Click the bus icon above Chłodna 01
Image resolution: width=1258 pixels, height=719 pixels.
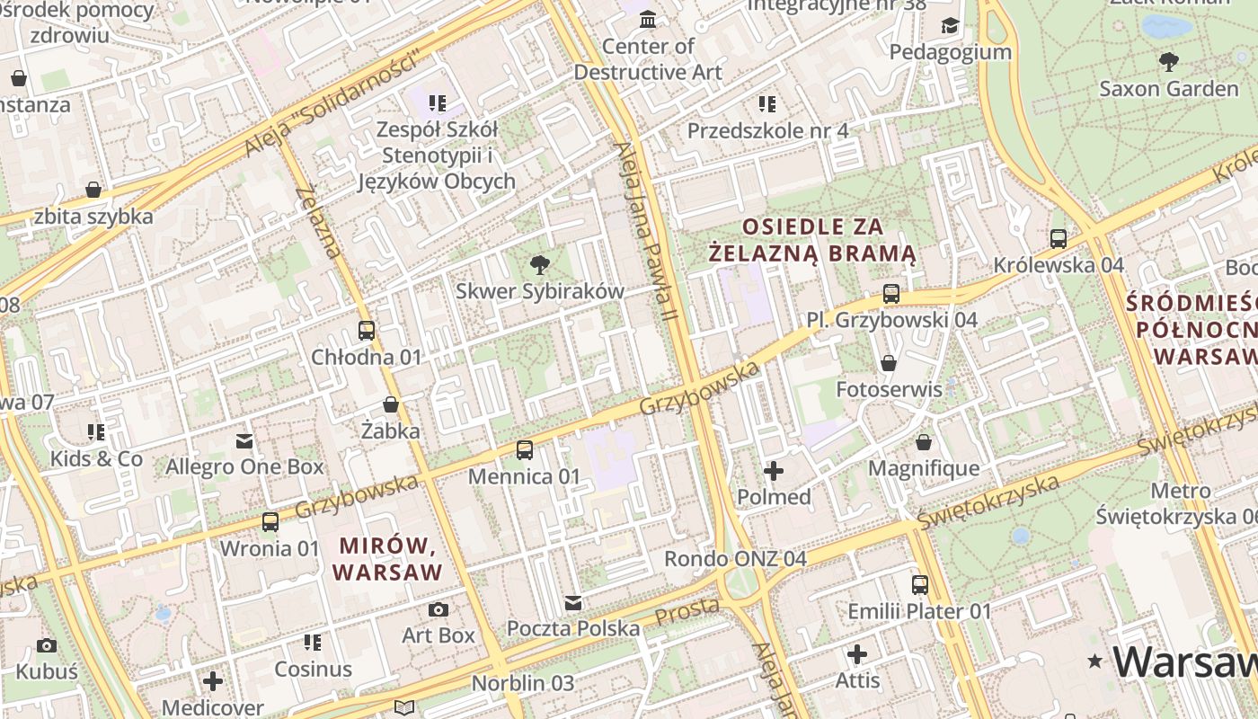pyautogui.click(x=366, y=330)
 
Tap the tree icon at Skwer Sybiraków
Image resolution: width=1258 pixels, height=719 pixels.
pyautogui.click(x=539, y=264)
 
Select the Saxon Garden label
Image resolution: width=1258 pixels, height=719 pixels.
pyautogui.click(x=1168, y=89)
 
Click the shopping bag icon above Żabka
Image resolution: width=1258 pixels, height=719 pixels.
pyautogui.click(x=390, y=404)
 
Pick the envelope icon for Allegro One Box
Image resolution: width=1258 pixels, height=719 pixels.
pyautogui.click(x=244, y=440)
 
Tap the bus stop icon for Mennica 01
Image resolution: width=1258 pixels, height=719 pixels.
pyautogui.click(x=524, y=449)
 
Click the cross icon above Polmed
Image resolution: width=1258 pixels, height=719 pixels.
pyautogui.click(x=773, y=470)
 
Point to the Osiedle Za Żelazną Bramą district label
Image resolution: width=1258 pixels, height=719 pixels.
pyautogui.click(x=812, y=240)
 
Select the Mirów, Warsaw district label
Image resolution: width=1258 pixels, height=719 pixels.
pyautogui.click(x=387, y=558)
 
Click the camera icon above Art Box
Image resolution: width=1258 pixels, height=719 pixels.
pyautogui.click(x=438, y=609)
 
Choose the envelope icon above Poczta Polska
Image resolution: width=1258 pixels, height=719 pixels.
pyautogui.click(x=573, y=602)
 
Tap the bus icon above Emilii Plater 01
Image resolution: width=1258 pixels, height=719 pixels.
pyautogui.click(x=919, y=585)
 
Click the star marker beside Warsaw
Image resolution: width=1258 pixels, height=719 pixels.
pyautogui.click(x=1094, y=662)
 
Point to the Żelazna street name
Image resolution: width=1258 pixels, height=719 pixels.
pyautogui.click(x=319, y=221)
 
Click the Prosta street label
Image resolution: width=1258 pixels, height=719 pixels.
pyautogui.click(x=687, y=612)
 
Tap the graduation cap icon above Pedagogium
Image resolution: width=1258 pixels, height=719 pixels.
pyautogui.click(x=950, y=25)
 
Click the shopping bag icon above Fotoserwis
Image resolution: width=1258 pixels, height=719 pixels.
pyautogui.click(x=888, y=363)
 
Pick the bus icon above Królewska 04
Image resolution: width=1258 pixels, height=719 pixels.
pyautogui.click(x=1059, y=238)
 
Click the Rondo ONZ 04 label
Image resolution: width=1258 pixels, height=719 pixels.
pyautogui.click(x=735, y=558)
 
